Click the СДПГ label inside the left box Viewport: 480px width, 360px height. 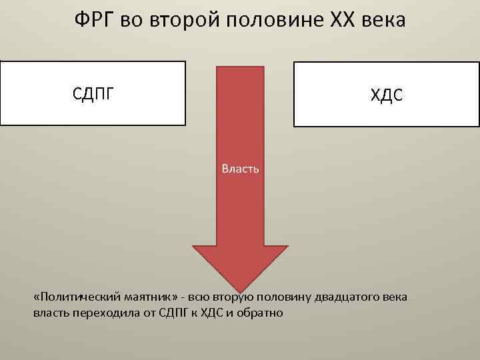93,93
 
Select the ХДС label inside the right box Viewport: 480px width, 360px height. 387,96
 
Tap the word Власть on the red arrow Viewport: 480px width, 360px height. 240,169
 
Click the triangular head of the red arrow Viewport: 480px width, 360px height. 240,267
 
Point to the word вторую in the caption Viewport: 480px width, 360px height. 239,297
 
